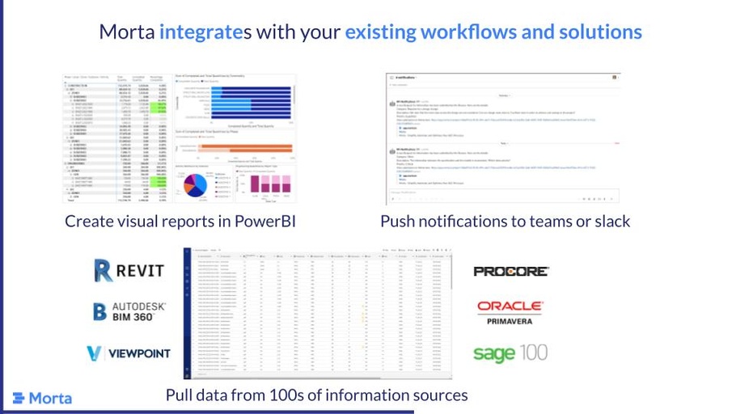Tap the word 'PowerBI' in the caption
pos(259,221)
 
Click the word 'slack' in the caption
pos(609,221)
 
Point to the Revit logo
pos(129,271)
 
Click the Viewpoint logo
pos(129,353)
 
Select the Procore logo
pos(510,272)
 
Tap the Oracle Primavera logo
pos(510,312)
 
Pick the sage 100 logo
pos(510,353)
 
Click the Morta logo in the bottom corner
pos(42,398)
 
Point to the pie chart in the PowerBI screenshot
pos(197,184)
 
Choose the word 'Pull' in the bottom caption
pos(180,395)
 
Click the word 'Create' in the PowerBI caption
pos(91,221)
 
